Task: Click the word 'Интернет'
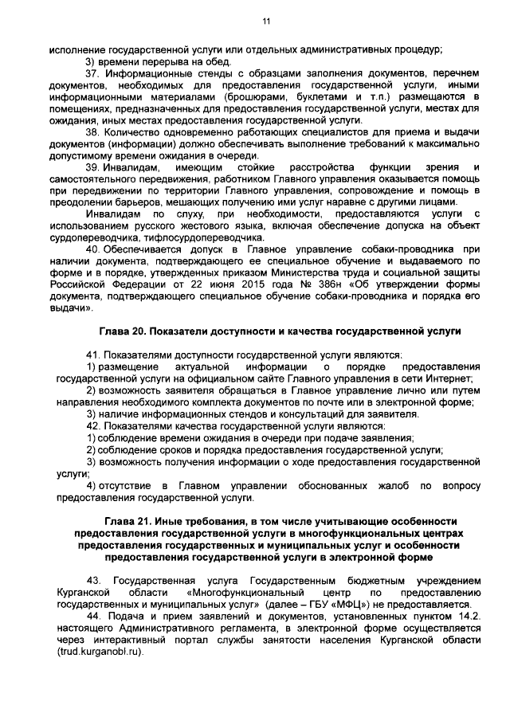[453, 378]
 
